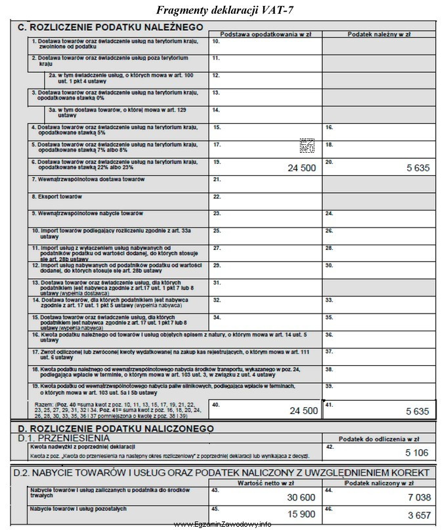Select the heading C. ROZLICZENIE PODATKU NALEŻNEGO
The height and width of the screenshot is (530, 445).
click(x=110, y=28)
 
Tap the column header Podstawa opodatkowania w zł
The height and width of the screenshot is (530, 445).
click(x=265, y=33)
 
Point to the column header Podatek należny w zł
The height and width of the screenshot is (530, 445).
click(x=379, y=33)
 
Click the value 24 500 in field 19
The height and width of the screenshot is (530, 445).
click(x=303, y=168)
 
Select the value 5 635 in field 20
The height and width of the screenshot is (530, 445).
click(x=417, y=168)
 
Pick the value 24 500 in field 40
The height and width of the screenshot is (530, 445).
click(x=304, y=411)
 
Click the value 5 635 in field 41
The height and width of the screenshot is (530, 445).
click(x=417, y=411)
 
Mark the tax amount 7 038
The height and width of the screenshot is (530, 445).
click(x=417, y=498)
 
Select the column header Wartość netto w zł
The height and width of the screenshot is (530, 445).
click(x=265, y=483)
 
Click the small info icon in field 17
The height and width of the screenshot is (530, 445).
click(x=307, y=146)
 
